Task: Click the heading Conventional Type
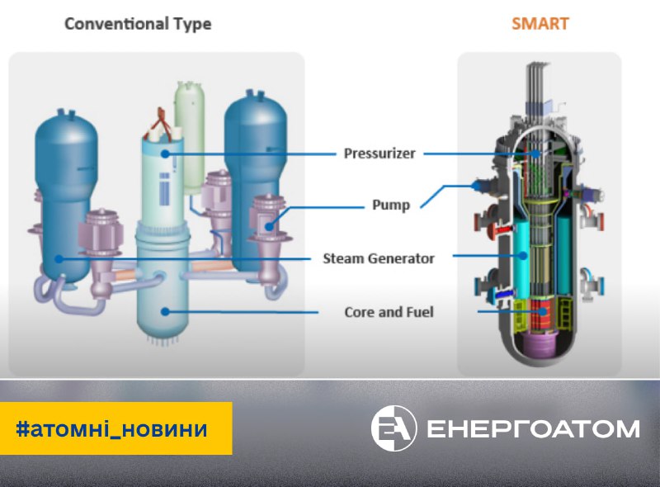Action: point(138,23)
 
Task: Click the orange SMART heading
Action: point(540,23)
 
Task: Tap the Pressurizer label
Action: point(379,153)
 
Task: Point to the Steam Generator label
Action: point(379,258)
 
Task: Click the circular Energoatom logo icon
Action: point(394,428)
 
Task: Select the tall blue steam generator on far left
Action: point(59,198)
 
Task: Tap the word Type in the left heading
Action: point(192,23)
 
